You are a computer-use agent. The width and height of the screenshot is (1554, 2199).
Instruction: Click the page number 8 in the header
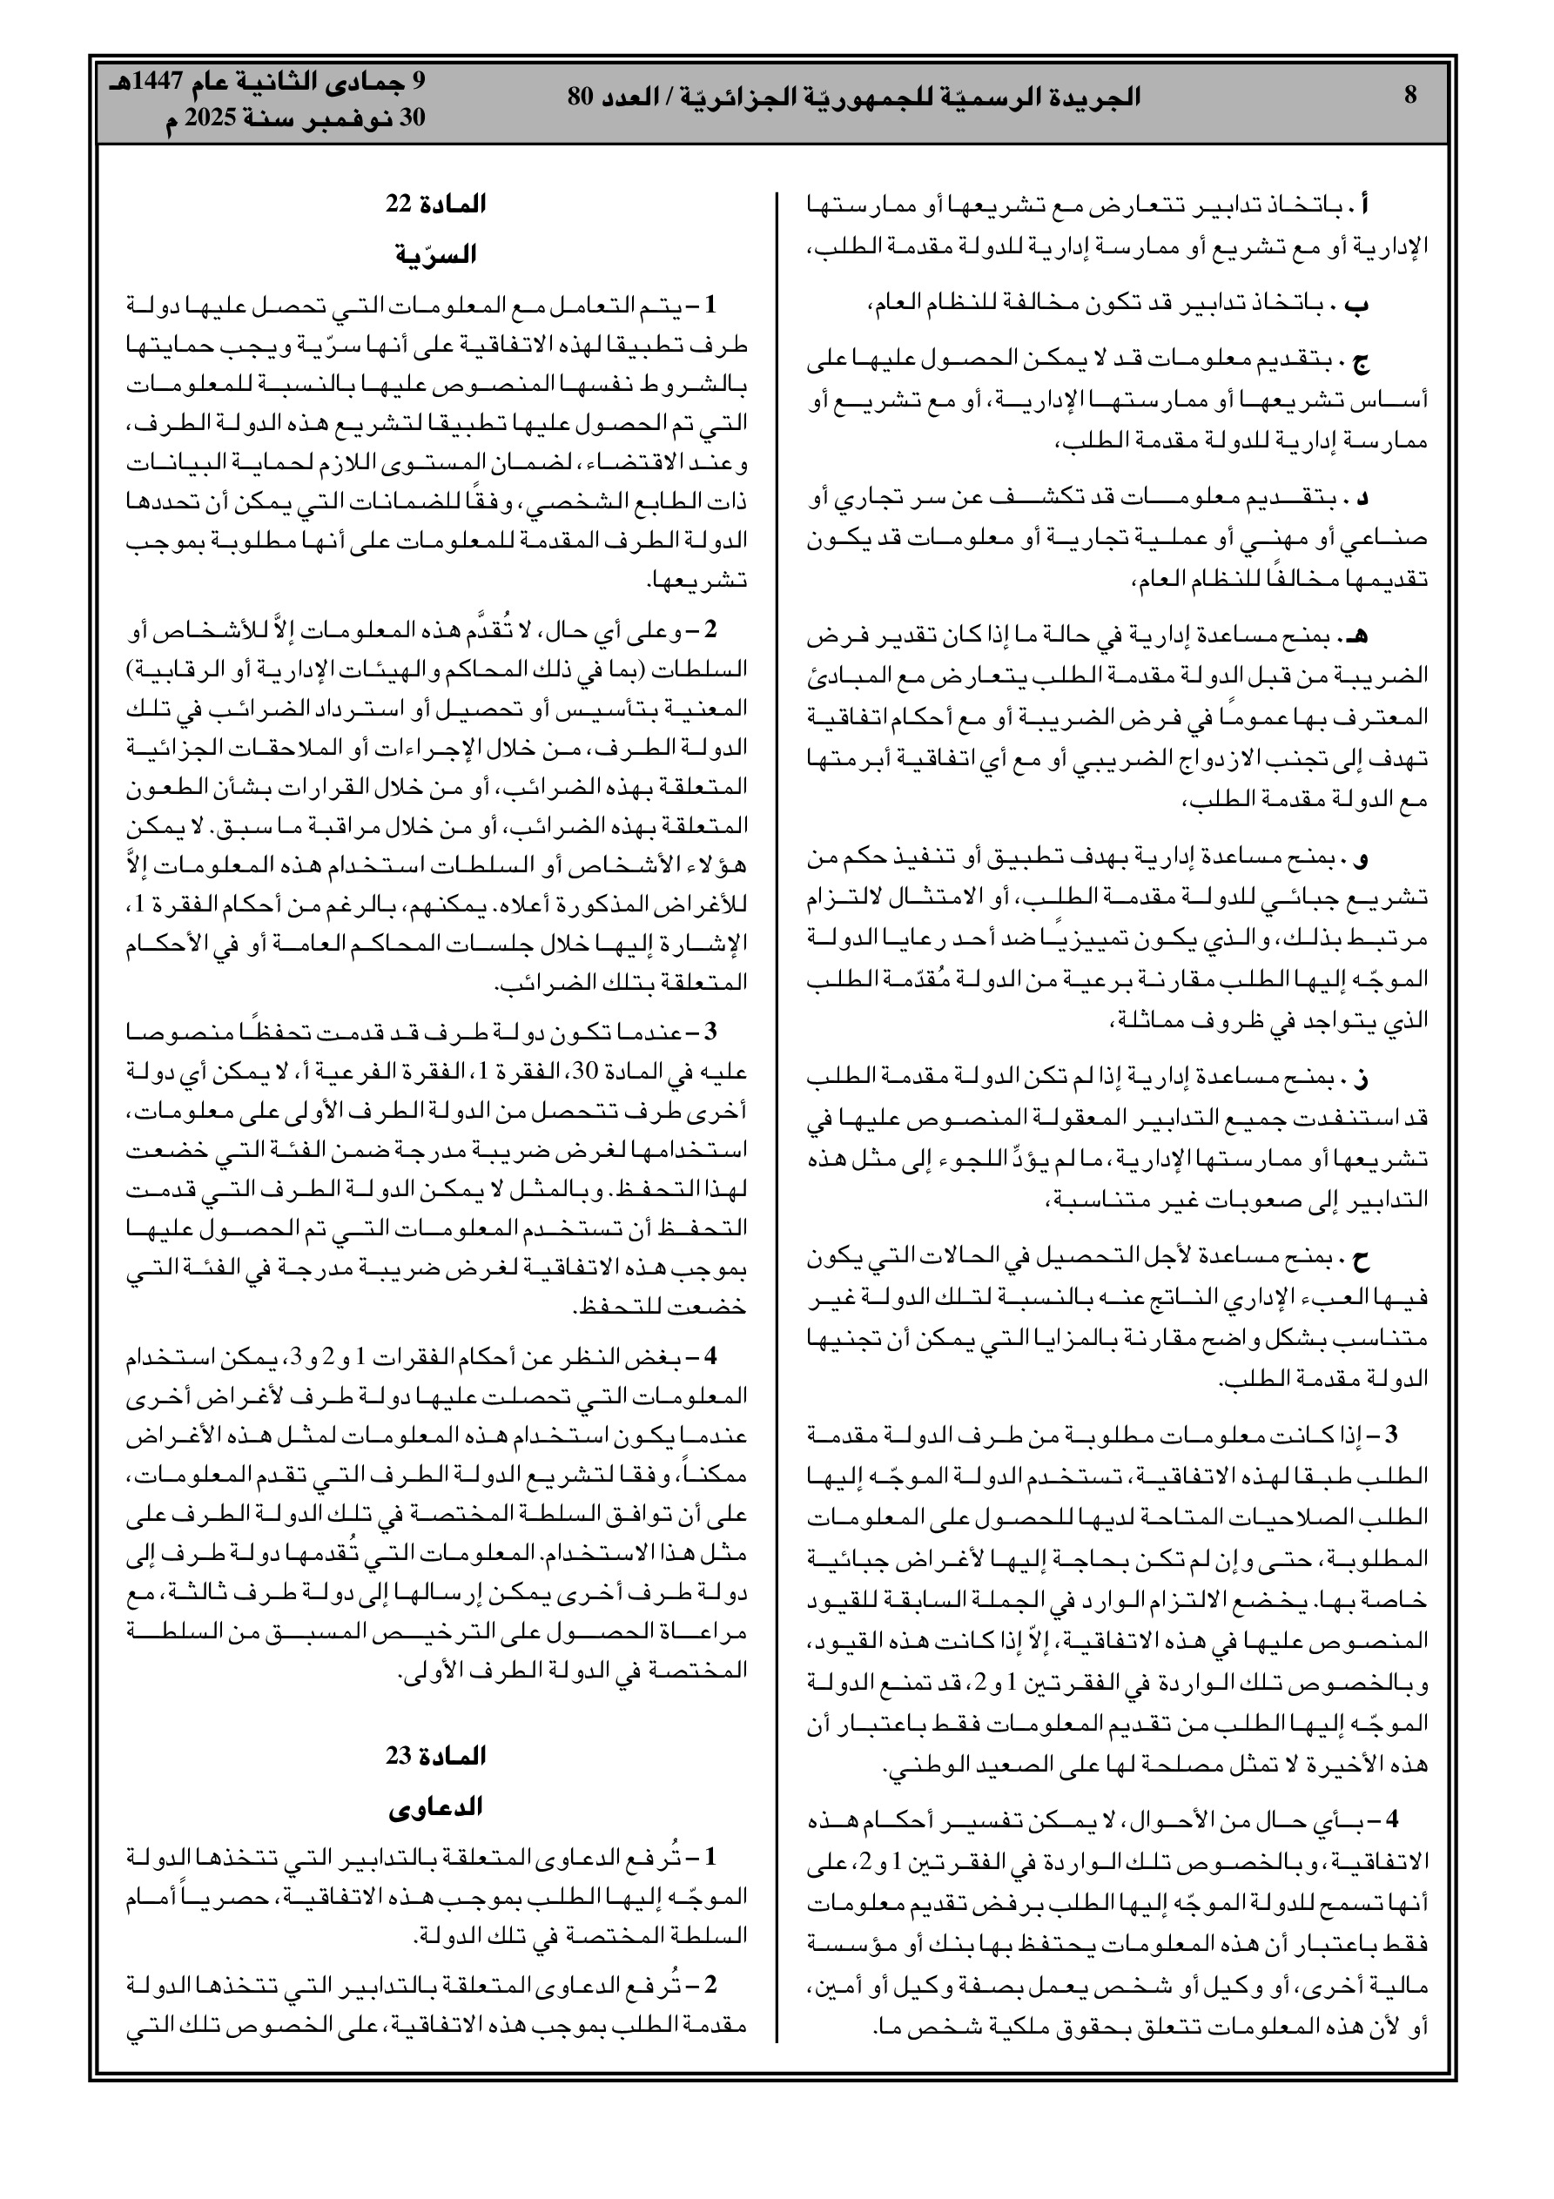pos(1409,96)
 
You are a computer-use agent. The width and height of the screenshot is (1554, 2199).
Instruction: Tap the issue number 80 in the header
pos(582,96)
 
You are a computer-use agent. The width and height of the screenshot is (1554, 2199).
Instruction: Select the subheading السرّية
pos(436,255)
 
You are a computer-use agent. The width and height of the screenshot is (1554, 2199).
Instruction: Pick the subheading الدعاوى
pos(436,1806)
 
